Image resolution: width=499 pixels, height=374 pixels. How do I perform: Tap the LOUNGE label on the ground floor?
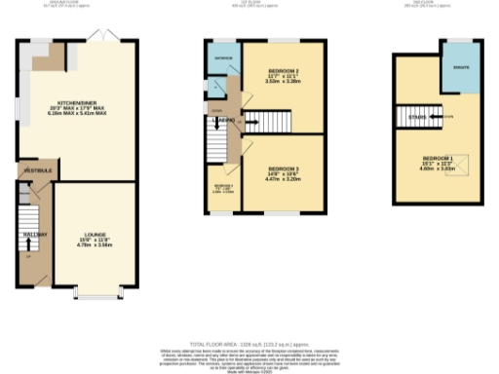point(96,235)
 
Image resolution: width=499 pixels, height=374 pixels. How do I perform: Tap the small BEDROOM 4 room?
point(223,187)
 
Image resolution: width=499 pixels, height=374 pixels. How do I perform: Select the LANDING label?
point(227,120)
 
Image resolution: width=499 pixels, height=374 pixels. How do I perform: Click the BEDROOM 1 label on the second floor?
point(438,159)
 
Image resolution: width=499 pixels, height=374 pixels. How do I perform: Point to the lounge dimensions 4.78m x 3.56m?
point(96,245)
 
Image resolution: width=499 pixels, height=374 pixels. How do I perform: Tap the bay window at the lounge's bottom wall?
point(96,291)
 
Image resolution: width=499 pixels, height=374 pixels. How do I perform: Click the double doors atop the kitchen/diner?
point(101,36)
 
